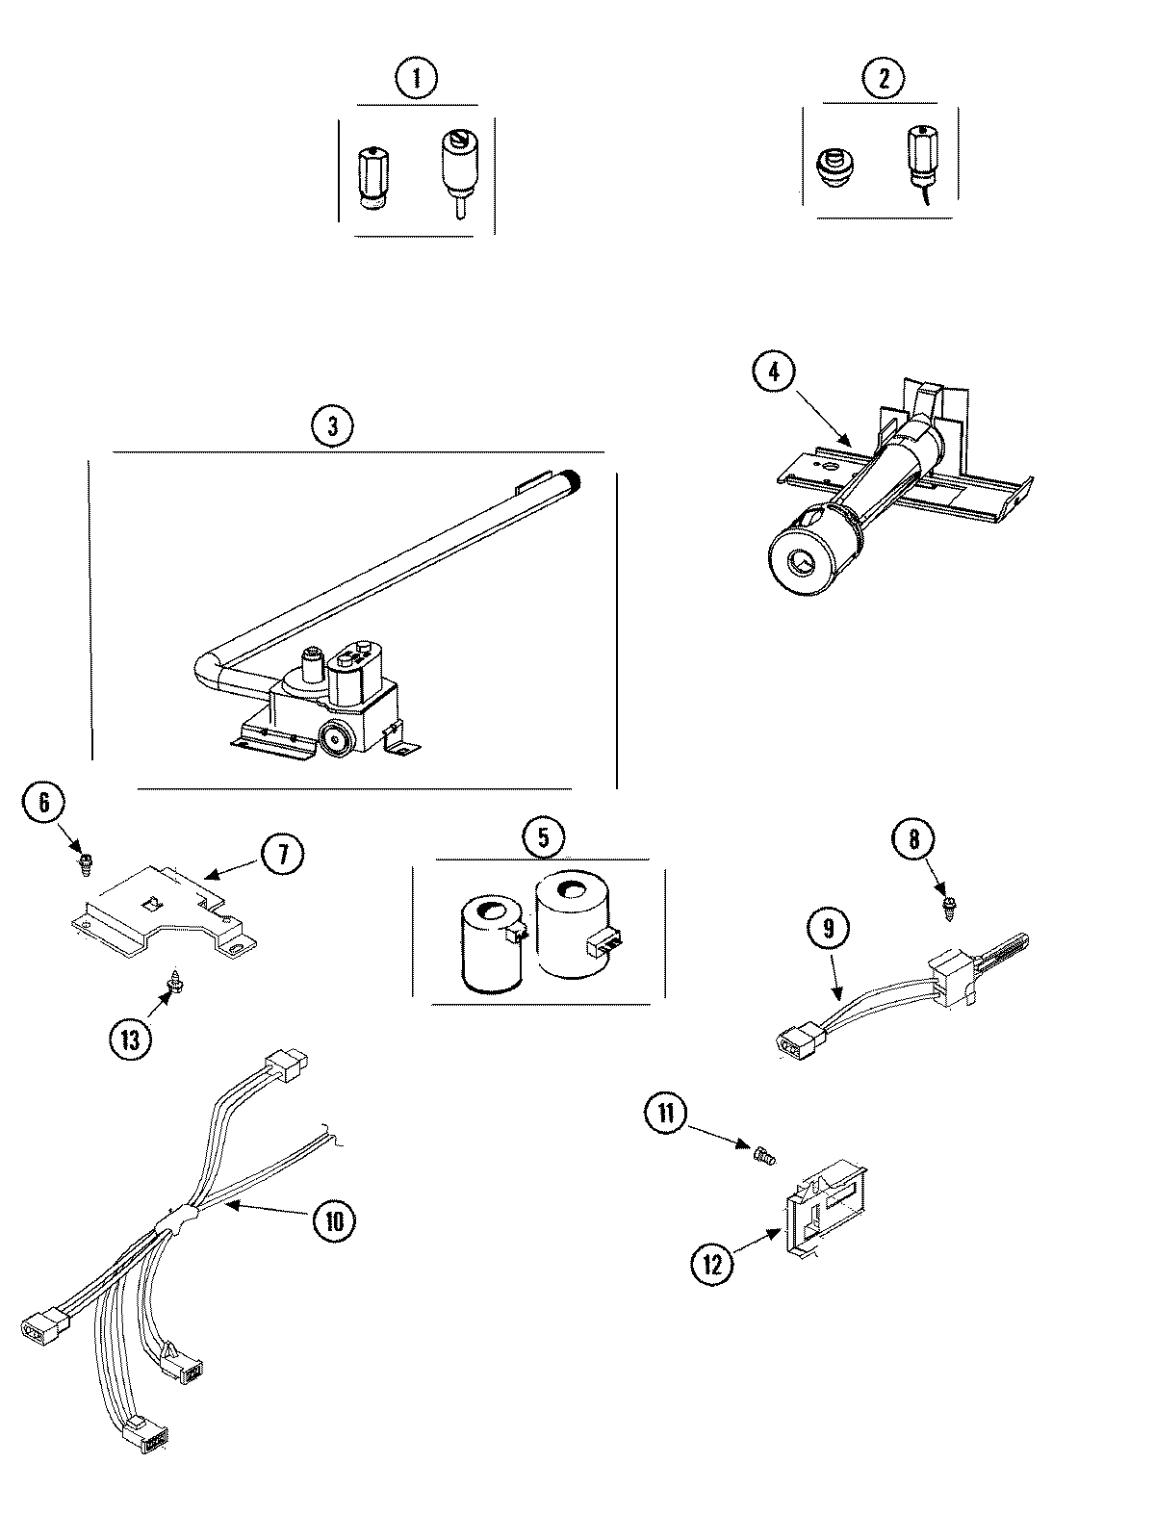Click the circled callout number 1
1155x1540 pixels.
[416, 78]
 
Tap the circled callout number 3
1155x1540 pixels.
[332, 424]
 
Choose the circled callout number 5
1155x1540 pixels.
[544, 834]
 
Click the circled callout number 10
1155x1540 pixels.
[333, 1220]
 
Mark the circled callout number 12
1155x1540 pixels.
[711, 1264]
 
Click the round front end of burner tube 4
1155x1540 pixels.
[802, 560]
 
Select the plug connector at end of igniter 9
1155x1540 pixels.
[796, 1041]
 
